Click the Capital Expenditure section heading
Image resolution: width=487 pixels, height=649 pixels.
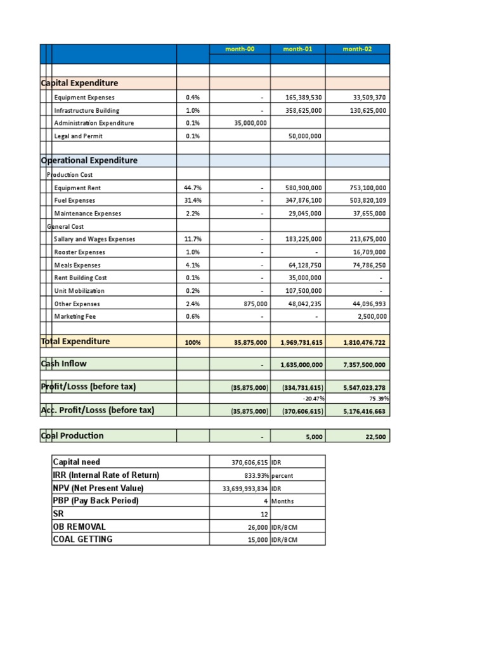tap(80, 83)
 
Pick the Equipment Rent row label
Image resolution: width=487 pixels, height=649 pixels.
tap(77, 188)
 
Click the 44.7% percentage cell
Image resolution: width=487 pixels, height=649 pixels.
tap(192, 188)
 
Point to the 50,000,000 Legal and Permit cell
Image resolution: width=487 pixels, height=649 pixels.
tap(303, 136)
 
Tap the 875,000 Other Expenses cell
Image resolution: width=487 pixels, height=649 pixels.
tap(256, 304)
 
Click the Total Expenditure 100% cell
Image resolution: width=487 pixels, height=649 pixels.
tap(192, 342)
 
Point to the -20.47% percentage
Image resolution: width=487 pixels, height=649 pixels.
tap(313, 399)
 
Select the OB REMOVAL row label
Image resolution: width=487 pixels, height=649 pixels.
tap(79, 527)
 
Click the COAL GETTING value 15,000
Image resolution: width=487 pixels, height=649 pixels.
tap(256, 539)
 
